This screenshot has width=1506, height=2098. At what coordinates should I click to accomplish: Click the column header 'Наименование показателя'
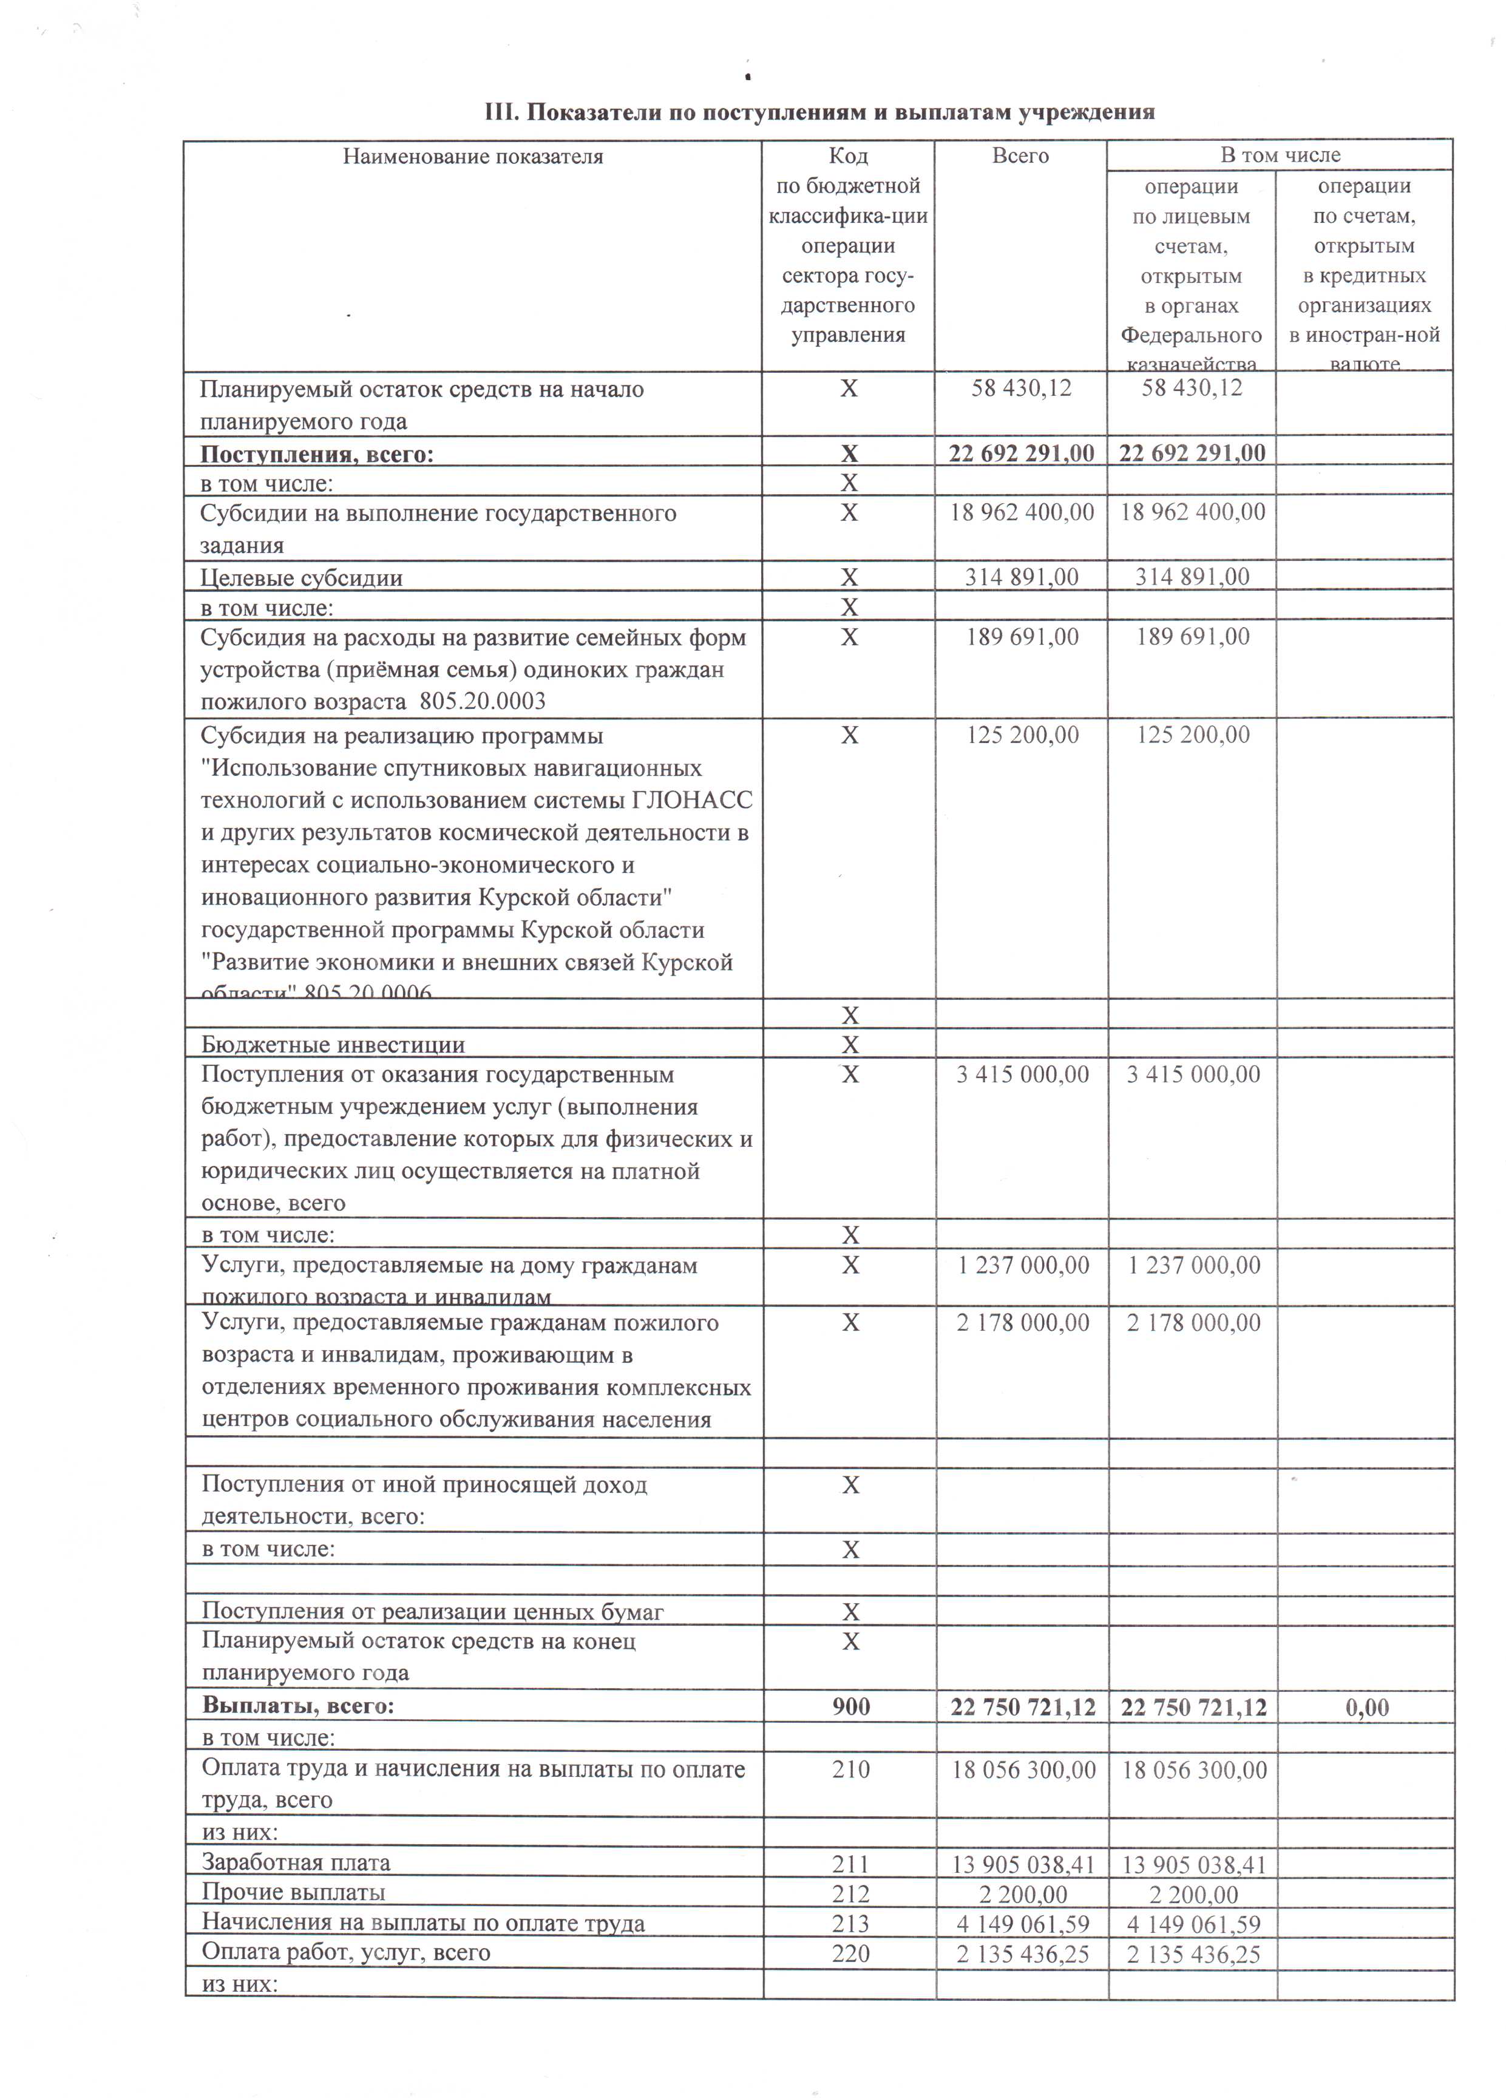[473, 157]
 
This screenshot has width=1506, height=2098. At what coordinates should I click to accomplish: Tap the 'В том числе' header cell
[1280, 155]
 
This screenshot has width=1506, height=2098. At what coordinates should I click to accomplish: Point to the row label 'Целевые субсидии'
[302, 578]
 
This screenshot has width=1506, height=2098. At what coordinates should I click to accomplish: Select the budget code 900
[850, 1706]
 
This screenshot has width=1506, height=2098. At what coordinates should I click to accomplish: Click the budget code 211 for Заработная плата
[850, 1863]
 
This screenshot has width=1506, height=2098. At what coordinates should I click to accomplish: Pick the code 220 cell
[850, 1953]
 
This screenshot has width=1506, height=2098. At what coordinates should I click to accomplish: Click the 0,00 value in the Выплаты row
[1366, 1706]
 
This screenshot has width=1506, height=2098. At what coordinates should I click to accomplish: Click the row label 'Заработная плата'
[296, 1863]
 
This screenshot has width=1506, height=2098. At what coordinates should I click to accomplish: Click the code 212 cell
[850, 1893]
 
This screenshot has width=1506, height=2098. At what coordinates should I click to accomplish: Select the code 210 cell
[850, 1769]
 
